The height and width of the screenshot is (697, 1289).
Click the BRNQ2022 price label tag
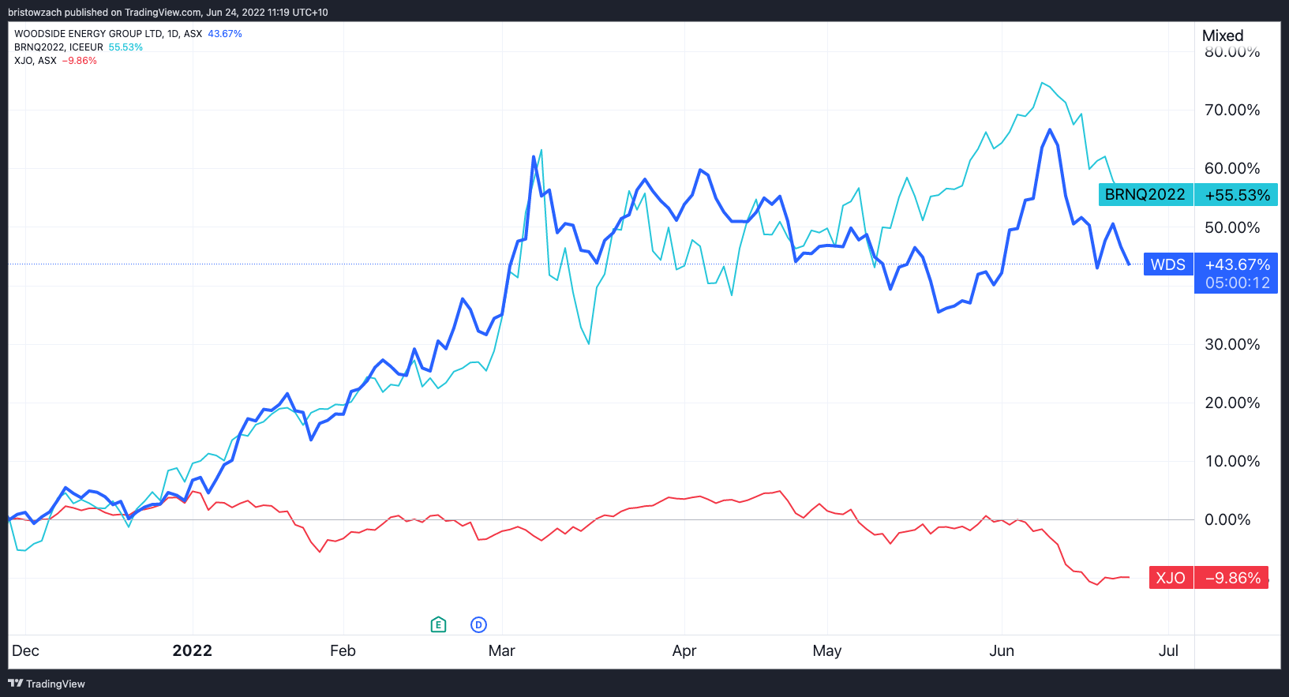click(1145, 195)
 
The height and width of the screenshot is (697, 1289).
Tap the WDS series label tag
click(1167, 264)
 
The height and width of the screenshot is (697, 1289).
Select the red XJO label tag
click(1170, 578)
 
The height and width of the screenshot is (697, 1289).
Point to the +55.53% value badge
click(1237, 195)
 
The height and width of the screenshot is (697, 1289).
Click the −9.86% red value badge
click(1232, 578)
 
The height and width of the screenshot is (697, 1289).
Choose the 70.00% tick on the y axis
click(1231, 110)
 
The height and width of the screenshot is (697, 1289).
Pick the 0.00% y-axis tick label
click(1227, 519)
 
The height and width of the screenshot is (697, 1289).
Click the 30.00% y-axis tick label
click(1231, 344)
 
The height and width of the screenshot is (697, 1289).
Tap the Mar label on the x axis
click(501, 650)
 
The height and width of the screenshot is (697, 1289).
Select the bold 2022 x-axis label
click(192, 650)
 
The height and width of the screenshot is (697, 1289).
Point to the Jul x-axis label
click(1168, 650)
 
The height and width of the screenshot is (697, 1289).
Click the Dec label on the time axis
click(25, 650)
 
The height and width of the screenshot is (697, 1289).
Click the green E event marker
click(439, 625)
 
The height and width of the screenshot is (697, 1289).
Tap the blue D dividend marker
click(478, 625)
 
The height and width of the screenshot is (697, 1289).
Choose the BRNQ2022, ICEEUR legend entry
click(58, 47)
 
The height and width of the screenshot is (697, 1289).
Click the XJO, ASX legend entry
click(36, 61)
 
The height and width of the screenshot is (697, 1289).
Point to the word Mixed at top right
click(1222, 36)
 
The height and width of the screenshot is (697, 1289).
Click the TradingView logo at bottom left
click(47, 684)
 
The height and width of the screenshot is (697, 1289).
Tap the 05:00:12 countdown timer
click(1237, 283)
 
